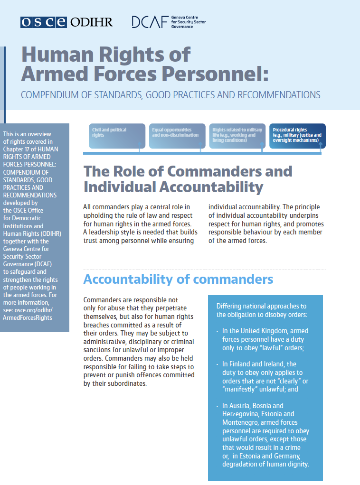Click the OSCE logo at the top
click(44, 22)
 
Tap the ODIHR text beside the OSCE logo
click(91, 22)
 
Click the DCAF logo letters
click(149, 22)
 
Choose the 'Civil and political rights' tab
click(117, 136)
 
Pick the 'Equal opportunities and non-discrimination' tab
click(177, 136)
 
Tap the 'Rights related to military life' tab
click(236, 136)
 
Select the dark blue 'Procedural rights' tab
click(297, 136)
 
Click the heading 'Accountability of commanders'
click(178, 279)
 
